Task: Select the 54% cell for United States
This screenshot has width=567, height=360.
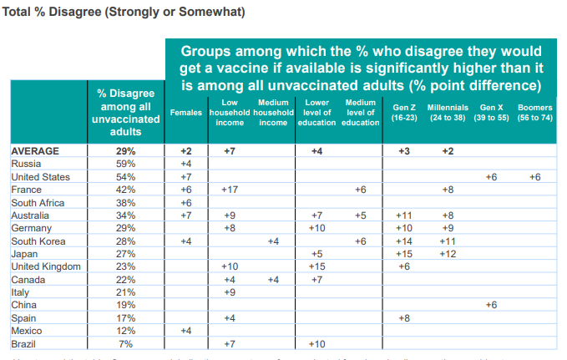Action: click(124, 177)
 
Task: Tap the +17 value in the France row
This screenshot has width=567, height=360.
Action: click(228, 190)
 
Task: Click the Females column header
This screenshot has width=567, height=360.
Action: click(186, 112)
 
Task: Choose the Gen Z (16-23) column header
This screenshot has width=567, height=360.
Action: click(404, 112)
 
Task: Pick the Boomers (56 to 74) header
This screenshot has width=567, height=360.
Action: click(534, 112)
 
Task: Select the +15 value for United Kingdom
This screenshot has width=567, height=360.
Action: click(316, 266)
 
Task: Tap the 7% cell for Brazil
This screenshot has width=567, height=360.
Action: click(124, 344)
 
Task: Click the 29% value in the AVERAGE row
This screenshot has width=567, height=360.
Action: click(124, 151)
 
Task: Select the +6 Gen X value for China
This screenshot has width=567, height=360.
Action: click(491, 306)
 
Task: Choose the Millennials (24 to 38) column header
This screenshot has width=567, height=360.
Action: click(448, 112)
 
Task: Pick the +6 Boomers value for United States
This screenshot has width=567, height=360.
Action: click(534, 177)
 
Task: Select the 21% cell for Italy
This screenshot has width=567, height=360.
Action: click(124, 292)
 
